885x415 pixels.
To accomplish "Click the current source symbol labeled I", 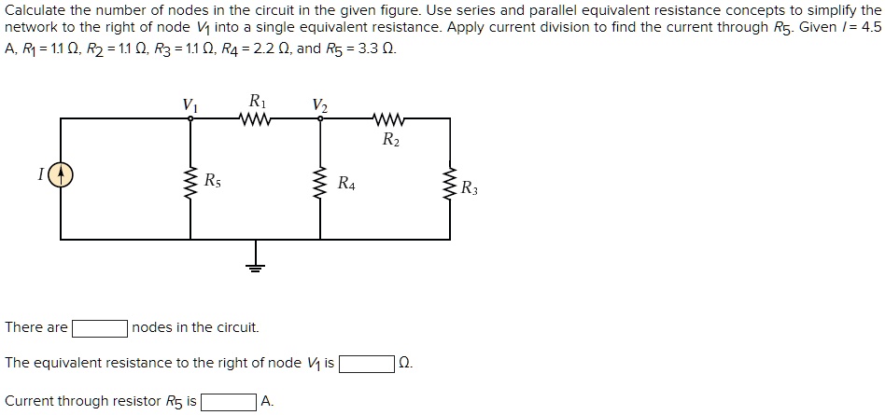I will click(x=62, y=174).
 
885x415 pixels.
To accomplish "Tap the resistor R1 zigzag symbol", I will click(x=255, y=119).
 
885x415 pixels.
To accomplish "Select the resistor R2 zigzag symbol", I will click(x=387, y=119).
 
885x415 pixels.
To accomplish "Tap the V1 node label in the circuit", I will click(x=190, y=104).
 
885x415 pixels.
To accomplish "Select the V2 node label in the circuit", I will click(x=321, y=104).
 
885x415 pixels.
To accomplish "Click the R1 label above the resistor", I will click(x=256, y=100).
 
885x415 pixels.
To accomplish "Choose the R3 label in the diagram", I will click(x=470, y=188).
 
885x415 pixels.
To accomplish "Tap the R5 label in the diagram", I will click(x=213, y=180).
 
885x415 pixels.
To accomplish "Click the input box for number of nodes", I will click(x=101, y=328).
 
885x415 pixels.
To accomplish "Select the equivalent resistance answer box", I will click(x=366, y=363).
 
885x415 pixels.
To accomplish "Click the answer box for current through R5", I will click(x=230, y=402).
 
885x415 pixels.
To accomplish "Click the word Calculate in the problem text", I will click(x=35, y=9).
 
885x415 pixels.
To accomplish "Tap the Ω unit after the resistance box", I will click(x=404, y=363).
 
